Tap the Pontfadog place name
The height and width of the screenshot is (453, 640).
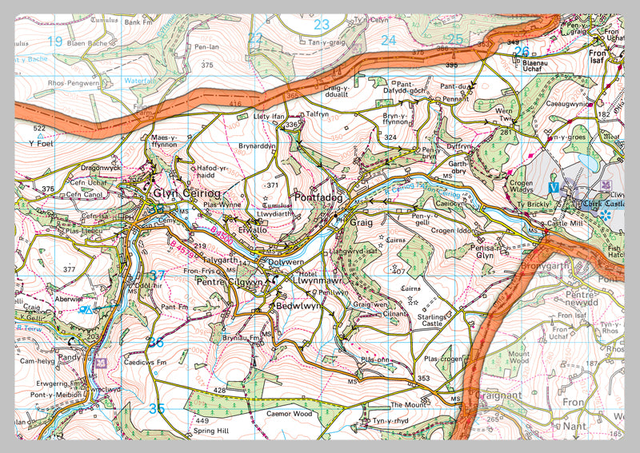(x=318, y=197)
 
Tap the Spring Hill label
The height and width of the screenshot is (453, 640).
(x=210, y=431)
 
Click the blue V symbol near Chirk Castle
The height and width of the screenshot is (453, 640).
(x=553, y=187)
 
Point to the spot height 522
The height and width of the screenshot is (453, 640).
(x=39, y=128)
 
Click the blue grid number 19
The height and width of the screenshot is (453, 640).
(x=55, y=41)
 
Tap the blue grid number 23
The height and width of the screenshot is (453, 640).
(x=322, y=24)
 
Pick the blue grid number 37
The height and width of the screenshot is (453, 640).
(x=157, y=276)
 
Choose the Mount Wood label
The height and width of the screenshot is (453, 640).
(x=518, y=356)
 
